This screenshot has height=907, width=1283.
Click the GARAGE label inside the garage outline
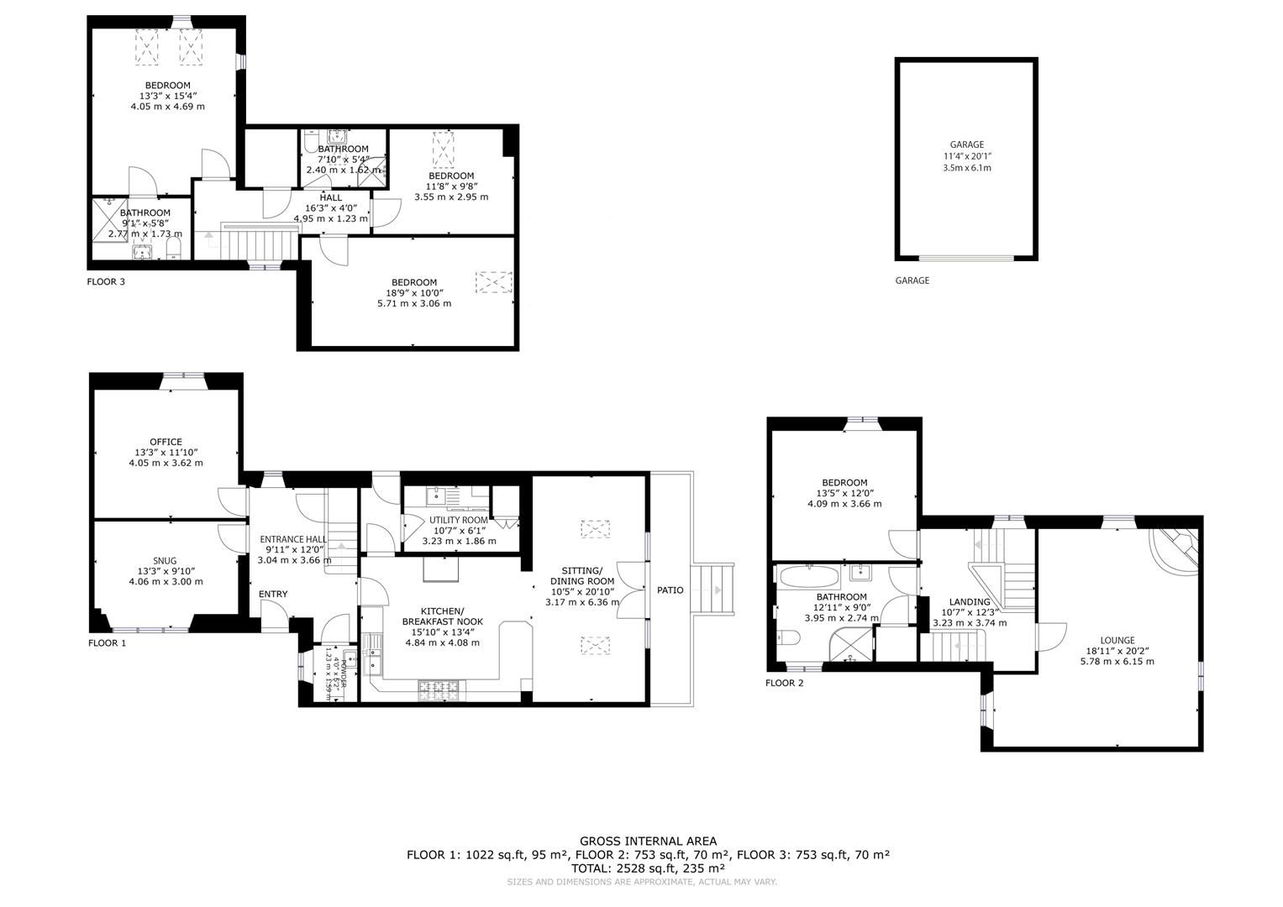(x=966, y=144)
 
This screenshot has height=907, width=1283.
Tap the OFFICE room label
(x=166, y=442)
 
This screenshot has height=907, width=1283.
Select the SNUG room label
(x=165, y=561)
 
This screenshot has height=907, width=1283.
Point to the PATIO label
(x=670, y=590)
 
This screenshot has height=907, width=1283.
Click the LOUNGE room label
(x=1117, y=640)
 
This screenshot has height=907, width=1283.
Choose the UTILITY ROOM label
(x=458, y=520)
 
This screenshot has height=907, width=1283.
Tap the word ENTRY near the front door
(x=273, y=595)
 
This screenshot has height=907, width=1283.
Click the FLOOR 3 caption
(x=106, y=282)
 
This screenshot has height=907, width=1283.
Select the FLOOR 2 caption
(x=784, y=683)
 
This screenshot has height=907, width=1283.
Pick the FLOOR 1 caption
(x=107, y=643)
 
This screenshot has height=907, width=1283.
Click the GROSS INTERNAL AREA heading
(x=648, y=841)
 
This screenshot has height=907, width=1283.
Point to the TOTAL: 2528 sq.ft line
(x=648, y=868)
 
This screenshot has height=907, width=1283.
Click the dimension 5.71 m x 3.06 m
(x=413, y=303)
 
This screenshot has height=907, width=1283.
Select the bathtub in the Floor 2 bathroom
(x=808, y=577)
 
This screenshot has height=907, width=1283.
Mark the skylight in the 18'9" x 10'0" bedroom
(x=488, y=280)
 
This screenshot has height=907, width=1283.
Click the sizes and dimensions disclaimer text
(x=641, y=882)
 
